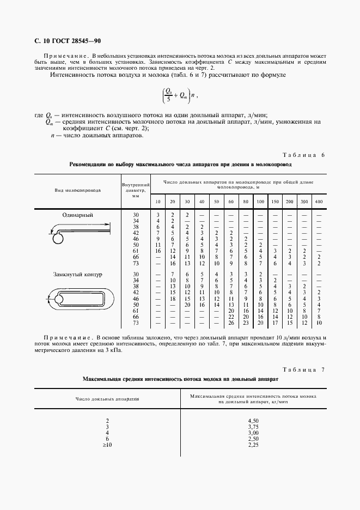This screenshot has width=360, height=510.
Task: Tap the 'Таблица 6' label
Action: (x=304, y=155)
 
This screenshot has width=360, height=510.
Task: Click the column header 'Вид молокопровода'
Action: (x=77, y=190)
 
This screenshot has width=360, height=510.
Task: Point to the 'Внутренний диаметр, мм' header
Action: (x=136, y=191)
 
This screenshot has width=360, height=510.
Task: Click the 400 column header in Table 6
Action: (x=319, y=202)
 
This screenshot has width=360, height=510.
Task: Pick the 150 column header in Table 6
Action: (x=275, y=202)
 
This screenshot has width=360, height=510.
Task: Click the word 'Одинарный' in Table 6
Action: (x=77, y=215)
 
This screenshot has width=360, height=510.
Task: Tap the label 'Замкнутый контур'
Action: (x=78, y=274)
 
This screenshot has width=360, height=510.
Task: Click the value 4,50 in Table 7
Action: (x=253, y=421)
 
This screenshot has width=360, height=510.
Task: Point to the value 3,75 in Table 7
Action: (x=253, y=427)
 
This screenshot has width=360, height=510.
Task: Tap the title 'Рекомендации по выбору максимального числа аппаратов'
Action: (x=180, y=164)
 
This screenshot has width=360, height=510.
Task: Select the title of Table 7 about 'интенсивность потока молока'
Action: (x=180, y=378)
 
